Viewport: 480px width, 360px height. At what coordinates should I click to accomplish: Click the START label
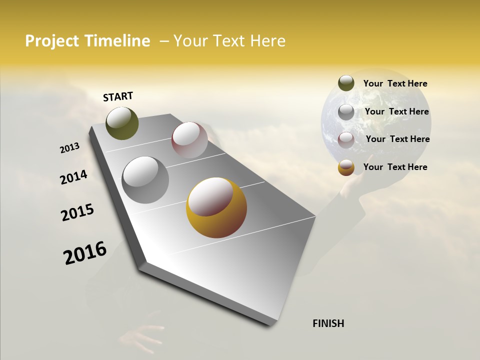point(118,96)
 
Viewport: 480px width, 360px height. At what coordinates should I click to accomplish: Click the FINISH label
point(328,323)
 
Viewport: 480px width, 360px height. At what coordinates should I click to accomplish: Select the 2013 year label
point(70,148)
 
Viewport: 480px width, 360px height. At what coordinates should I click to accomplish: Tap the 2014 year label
point(73,177)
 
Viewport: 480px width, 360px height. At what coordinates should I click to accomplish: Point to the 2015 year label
point(77,212)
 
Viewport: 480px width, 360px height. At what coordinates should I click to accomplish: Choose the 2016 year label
point(85,252)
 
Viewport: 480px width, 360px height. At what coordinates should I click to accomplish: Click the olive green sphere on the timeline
point(122,123)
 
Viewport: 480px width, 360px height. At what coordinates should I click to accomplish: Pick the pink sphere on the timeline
point(189,139)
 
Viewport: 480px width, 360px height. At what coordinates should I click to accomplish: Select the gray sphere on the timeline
point(145,179)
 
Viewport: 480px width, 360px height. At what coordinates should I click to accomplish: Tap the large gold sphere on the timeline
point(216,207)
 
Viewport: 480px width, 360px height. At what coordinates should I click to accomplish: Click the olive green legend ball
point(346,83)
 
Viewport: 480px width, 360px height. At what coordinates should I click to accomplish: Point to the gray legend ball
point(346,111)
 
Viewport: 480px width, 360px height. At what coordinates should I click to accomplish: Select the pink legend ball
point(346,139)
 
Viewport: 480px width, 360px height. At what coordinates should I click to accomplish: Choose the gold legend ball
point(346,167)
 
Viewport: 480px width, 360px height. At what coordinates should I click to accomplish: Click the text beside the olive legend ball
point(395,83)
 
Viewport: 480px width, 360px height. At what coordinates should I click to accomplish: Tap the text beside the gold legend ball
point(395,167)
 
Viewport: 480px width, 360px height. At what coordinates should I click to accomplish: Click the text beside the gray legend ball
point(396,111)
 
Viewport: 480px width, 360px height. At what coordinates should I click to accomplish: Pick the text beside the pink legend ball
point(397,139)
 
